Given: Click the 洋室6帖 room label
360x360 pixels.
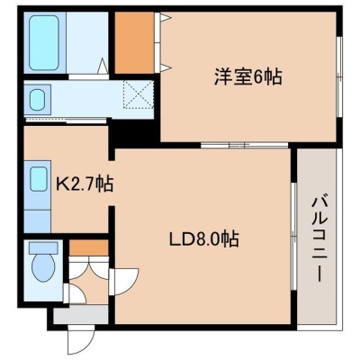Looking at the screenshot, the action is pos(247,76).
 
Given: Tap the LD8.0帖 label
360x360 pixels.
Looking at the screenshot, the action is pos(204,239).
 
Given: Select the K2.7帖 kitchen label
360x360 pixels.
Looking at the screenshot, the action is pos(85,184).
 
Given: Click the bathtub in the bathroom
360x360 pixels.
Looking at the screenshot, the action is pos(44,42).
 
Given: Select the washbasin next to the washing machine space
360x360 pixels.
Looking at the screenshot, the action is pos(38,99).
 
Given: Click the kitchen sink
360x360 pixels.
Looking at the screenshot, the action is pos(39,179).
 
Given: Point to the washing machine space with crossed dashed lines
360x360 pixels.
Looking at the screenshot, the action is pos(138,94).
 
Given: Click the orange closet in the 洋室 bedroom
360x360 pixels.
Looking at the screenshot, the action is pos(135,42).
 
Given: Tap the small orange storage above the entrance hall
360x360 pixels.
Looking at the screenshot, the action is pos(88,247).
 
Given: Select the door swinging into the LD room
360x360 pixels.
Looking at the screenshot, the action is pos(123,282).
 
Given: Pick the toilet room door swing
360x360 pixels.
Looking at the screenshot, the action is pos(75,294).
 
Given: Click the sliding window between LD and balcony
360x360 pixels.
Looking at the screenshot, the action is pos(294,236).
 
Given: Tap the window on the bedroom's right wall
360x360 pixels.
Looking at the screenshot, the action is pos(339,76).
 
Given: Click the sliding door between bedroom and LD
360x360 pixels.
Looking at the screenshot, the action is pos(244,145).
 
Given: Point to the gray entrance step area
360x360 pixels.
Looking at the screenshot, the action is pos(81,315).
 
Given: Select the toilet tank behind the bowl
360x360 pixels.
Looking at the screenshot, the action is pos(43,247).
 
